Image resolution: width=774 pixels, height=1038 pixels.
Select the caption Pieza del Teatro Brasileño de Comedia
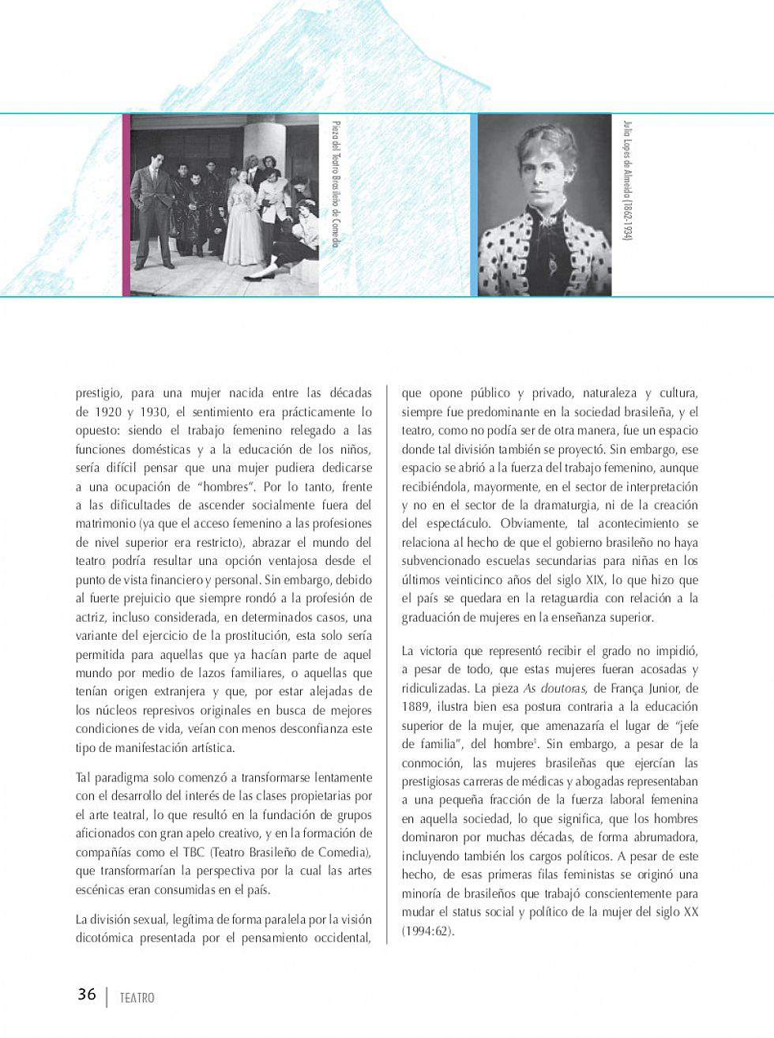click(x=336, y=183)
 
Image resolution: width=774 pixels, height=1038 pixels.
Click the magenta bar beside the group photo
click(x=126, y=205)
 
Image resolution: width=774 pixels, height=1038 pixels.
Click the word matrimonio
click(x=105, y=523)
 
